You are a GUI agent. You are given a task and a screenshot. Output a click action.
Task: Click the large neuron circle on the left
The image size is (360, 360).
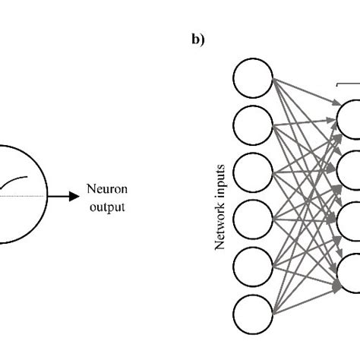coord(15,196)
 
